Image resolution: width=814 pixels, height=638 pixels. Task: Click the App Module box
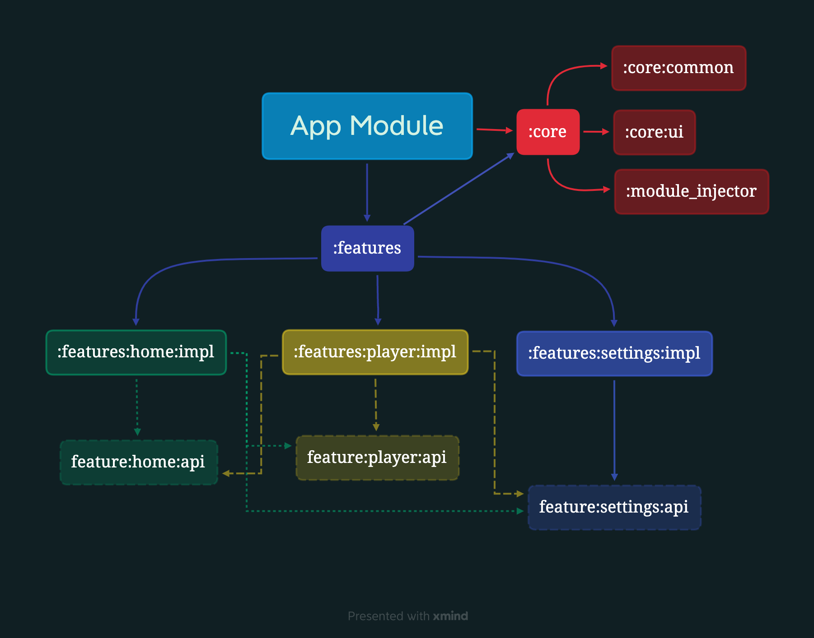[367, 126]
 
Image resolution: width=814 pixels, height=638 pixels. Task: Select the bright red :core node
[547, 132]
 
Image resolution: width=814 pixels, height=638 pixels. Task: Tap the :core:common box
[678, 68]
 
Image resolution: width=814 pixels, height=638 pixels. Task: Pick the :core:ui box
[654, 132]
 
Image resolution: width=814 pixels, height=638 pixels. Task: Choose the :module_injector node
[691, 191]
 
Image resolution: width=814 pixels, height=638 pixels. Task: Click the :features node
[367, 248]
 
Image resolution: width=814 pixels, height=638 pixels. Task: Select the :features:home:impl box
[136, 352]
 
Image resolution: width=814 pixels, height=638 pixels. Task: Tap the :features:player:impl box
[375, 352]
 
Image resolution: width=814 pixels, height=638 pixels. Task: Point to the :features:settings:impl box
[614, 353]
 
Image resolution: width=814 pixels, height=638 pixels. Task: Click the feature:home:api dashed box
[138, 462]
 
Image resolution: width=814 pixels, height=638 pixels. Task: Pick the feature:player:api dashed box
[377, 458]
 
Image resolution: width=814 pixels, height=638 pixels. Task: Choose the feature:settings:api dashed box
[614, 507]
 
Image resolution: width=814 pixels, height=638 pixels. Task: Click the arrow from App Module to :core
[494, 130]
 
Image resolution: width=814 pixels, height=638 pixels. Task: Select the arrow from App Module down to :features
[367, 192]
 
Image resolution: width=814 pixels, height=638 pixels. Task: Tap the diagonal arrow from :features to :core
[458, 189]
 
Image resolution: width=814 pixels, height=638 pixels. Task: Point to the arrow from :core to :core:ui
[596, 132]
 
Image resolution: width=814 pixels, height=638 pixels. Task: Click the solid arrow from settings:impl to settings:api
[614, 429]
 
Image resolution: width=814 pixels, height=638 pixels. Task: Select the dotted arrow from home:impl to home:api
[137, 406]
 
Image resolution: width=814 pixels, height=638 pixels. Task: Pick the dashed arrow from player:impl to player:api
[376, 404]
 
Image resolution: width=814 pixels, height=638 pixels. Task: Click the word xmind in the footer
[450, 616]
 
